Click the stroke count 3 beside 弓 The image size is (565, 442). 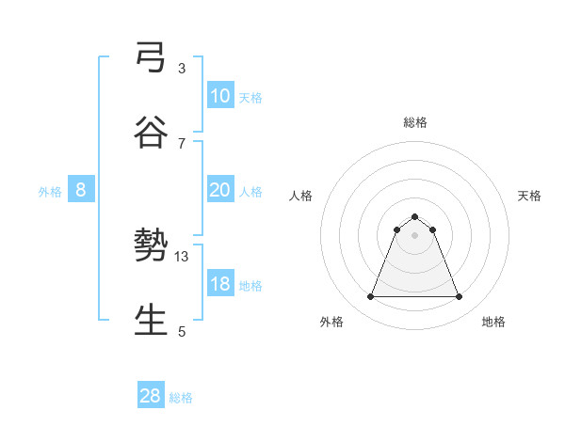[x=182, y=68]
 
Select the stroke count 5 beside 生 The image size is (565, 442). [x=182, y=331]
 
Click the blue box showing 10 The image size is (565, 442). [x=220, y=95]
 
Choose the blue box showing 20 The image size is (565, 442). [x=220, y=190]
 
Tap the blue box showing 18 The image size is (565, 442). [x=220, y=284]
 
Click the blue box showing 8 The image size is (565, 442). [x=81, y=190]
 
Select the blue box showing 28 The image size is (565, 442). [x=151, y=396]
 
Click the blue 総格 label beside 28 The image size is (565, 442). [x=181, y=398]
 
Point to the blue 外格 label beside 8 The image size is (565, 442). [x=50, y=192]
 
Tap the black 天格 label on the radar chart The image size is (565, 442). [x=529, y=196]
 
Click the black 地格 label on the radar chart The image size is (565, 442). [x=493, y=322]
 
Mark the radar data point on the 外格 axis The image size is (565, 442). [x=370, y=297]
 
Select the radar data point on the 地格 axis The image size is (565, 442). [x=460, y=297]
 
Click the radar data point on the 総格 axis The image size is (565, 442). [x=414, y=216]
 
